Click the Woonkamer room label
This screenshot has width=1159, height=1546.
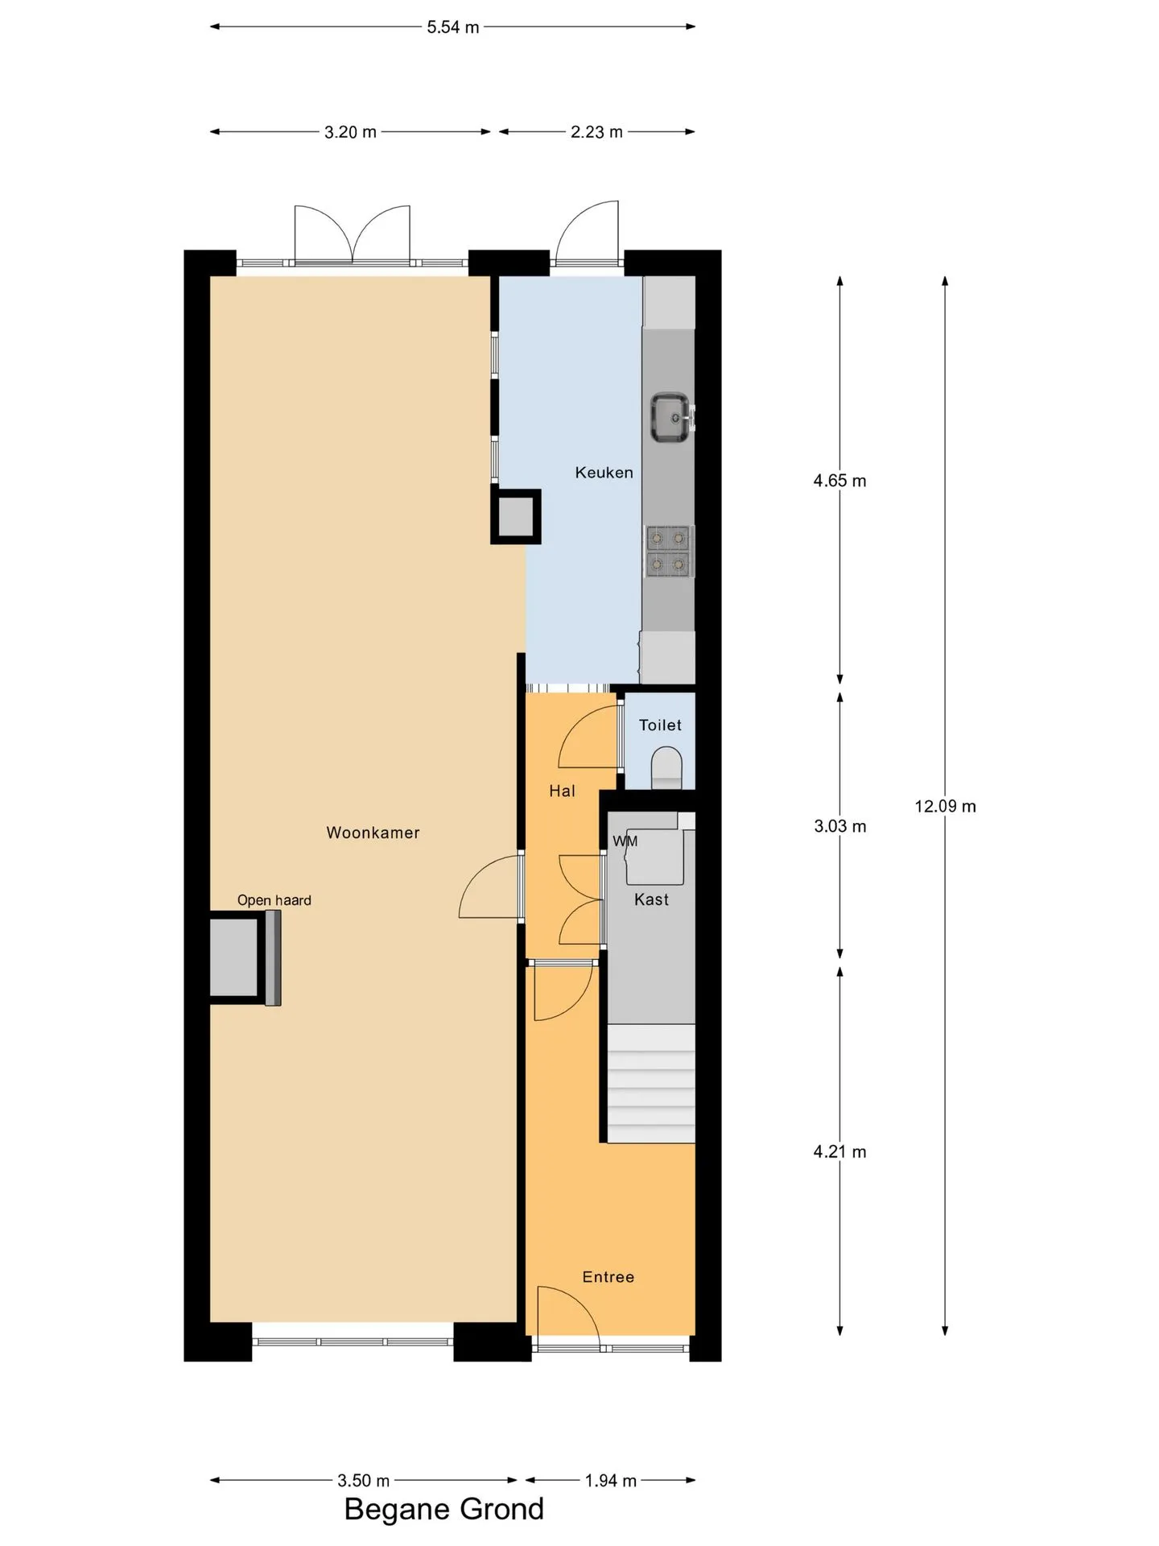pos(373,833)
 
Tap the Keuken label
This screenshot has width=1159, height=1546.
pos(604,473)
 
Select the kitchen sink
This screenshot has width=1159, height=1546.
pos(670,417)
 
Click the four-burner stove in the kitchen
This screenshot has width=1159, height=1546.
pos(670,551)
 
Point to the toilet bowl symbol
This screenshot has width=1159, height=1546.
pos(666,767)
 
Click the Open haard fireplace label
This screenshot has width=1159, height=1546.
pos(274,900)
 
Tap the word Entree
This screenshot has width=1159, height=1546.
pos(608,1277)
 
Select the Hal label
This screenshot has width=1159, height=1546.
pos(562,792)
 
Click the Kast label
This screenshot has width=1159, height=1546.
pos(651,899)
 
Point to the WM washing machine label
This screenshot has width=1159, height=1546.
pos(625,841)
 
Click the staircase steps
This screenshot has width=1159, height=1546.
pos(650,1083)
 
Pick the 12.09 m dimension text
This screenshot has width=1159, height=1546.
pos(945,806)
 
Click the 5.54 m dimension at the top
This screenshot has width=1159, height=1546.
pos(452,27)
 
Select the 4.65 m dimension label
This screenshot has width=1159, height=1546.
pos(839,481)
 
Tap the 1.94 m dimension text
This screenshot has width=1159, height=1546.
pos(610,1481)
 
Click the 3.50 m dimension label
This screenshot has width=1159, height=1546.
pos(363,1481)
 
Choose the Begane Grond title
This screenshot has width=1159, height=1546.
pos(444,1509)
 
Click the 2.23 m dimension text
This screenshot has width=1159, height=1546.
pos(596,132)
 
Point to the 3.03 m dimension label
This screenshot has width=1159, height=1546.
pos(839,826)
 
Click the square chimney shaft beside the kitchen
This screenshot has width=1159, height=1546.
pos(516,517)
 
